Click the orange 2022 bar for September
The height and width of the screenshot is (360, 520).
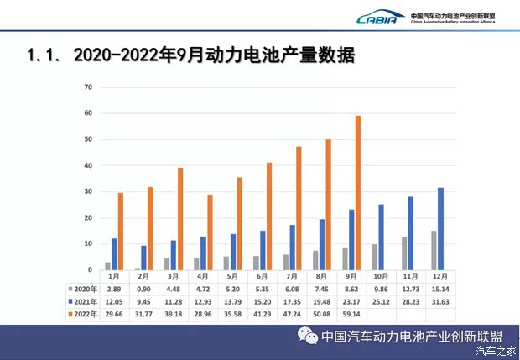tap(358, 193)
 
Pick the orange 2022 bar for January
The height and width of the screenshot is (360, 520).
tap(121, 231)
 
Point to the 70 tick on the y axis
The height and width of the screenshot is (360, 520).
tap(87, 87)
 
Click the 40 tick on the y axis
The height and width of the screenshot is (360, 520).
tap(87, 165)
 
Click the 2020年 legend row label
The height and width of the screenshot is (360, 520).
tap(81, 287)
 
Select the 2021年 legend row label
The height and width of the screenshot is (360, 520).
tap(81, 300)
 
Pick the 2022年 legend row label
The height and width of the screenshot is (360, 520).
tap(81, 313)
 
